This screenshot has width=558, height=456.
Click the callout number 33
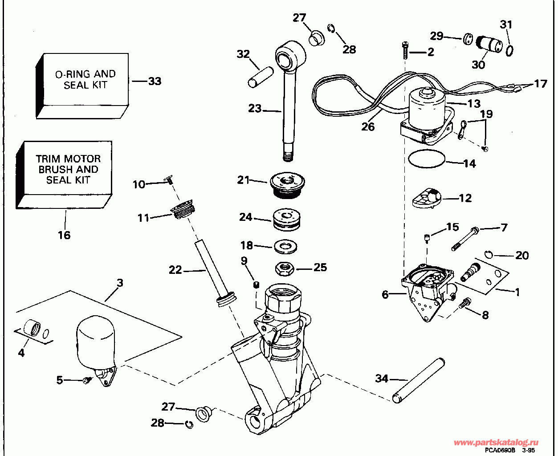pos(155,81)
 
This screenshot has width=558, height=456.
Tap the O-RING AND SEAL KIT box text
pos(85,79)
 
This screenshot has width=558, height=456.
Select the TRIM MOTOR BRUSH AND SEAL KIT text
pos(68,169)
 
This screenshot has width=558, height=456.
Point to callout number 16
pos(64,235)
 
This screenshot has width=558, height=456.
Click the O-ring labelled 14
pos(427,159)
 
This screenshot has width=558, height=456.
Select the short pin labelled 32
pos(261,76)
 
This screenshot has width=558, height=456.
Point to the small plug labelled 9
pos(257,285)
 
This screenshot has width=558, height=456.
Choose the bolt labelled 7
pos(464,238)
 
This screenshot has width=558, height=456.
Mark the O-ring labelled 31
pos(509,49)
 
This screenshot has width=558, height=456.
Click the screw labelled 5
pos(87,380)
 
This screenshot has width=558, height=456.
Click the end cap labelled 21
pos(288,184)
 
